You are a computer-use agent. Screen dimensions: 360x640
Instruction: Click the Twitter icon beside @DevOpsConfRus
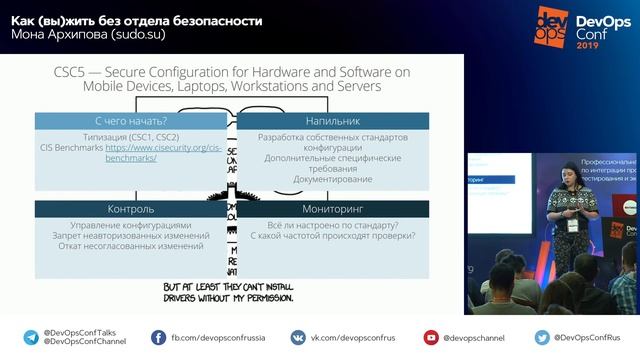coord(542,338)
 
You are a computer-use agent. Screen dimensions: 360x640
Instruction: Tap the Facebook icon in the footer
coord(159,338)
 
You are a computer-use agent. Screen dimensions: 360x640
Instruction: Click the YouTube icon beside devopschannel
coord(431,338)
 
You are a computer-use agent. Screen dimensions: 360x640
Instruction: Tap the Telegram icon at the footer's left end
coord(30,338)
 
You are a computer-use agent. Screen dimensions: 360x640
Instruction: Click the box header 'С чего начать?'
coord(130,121)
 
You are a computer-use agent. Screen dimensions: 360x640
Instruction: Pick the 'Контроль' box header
coord(130,209)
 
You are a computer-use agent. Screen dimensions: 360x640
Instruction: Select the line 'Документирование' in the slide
coord(333,180)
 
